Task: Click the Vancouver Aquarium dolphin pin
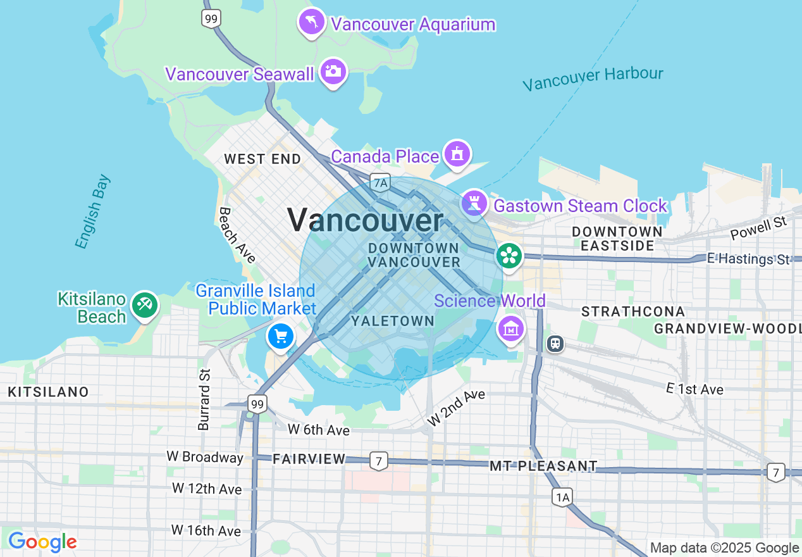[312, 23]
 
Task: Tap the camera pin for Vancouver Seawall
[333, 72]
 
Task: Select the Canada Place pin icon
[457, 154]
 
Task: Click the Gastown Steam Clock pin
[474, 203]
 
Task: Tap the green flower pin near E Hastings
[509, 256]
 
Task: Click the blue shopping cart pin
[281, 335]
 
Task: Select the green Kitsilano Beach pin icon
[145, 306]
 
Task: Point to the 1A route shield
[562, 498]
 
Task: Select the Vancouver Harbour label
[593, 78]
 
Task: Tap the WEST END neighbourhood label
[262, 159]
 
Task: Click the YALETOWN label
[393, 321]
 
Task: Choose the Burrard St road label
[204, 399]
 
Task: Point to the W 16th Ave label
[206, 530]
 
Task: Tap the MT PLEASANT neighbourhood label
[543, 466]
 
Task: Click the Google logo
[42, 542]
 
